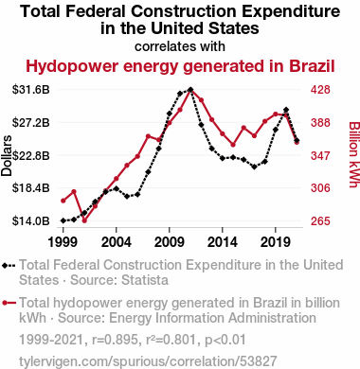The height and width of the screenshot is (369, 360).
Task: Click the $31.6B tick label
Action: tap(31, 90)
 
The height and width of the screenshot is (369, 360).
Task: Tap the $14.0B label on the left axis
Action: tap(31, 221)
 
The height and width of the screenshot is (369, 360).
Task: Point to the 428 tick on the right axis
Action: tap(320, 90)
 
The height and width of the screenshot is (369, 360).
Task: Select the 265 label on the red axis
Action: tap(320, 221)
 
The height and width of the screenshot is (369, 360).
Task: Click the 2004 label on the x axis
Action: tap(117, 242)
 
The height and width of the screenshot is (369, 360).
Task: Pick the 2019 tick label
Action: tap(276, 242)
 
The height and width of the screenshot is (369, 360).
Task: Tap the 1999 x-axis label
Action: tap(63, 242)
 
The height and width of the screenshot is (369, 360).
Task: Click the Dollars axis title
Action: tap(7, 155)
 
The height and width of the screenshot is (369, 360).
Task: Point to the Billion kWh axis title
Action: tap(354, 154)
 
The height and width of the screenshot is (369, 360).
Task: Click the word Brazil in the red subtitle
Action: tap(312, 66)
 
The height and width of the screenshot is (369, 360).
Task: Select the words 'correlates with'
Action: tap(180, 46)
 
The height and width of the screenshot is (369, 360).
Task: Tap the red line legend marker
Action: tap(9, 303)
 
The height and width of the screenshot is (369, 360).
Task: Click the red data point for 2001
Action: tap(84, 220)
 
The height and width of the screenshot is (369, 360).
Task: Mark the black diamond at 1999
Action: tap(63, 220)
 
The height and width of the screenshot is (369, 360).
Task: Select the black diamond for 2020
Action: tap(286, 110)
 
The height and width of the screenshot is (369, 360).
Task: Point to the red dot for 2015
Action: tap(233, 145)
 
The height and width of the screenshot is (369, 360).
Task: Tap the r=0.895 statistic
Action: tap(115, 340)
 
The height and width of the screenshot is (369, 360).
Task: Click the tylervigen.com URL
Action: tap(148, 361)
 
